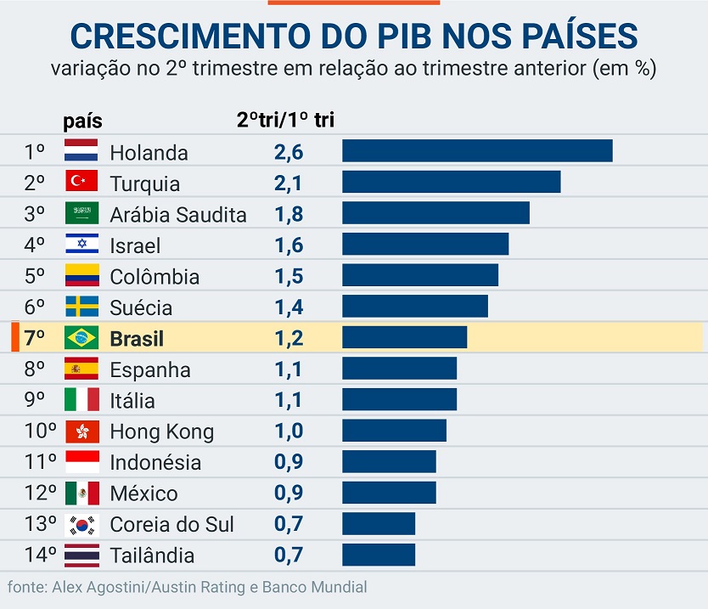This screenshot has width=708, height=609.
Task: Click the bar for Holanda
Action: tap(477, 151)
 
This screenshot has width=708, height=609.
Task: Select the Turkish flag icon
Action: tap(81, 182)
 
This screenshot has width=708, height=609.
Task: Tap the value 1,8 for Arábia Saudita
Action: tap(289, 214)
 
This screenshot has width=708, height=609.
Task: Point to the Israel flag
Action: tap(81, 245)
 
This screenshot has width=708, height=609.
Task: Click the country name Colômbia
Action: tap(155, 276)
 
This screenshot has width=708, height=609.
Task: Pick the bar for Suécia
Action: tap(414, 306)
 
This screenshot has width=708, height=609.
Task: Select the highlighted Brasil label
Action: tap(137, 338)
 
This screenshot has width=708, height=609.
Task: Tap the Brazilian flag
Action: tap(81, 337)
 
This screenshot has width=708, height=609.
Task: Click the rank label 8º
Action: tap(35, 369)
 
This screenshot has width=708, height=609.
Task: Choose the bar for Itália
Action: tap(399, 399)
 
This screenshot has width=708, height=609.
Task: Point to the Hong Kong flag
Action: tap(81, 431)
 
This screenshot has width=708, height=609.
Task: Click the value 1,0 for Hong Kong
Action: tap(289, 431)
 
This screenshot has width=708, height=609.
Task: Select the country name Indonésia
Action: tap(155, 462)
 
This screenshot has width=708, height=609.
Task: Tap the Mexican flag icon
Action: tap(81, 493)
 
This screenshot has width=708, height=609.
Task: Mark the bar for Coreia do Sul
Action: tap(379, 523)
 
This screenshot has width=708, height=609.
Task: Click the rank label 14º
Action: tap(40, 555)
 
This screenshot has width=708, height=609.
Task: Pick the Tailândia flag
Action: tap(81, 555)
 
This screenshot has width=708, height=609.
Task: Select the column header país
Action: tap(82, 121)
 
